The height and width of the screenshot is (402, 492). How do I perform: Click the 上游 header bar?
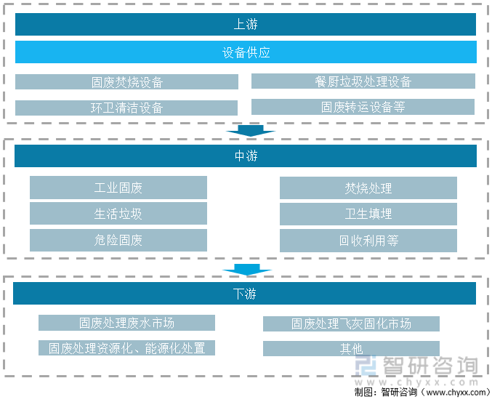point(246,24)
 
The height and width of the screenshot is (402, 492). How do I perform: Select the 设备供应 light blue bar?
point(246,52)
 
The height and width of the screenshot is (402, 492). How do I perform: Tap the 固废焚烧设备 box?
point(126,82)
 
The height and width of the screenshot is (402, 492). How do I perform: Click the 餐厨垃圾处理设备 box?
point(363,81)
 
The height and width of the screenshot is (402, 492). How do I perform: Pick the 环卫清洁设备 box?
point(126,108)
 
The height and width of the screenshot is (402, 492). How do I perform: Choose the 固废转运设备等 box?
point(363,107)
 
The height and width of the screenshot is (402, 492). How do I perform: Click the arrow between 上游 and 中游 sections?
point(251,131)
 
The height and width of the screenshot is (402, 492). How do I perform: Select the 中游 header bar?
point(246,156)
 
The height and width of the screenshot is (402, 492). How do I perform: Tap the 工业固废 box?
point(118,188)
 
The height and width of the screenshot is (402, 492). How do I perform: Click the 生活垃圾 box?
point(118,214)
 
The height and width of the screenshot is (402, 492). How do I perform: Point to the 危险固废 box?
point(118,240)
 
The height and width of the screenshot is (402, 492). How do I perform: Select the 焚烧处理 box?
point(368,188)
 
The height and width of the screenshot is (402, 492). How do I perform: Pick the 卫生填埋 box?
point(368,214)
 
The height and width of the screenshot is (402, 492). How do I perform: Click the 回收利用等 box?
point(368,241)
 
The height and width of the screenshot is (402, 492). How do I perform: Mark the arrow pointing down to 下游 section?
point(247,270)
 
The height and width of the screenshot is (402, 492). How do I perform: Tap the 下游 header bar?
point(244,294)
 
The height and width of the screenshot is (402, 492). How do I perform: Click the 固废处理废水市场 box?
point(126,323)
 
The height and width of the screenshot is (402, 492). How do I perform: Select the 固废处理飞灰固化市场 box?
point(351,323)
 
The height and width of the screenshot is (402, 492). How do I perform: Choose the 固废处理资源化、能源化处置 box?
point(126,347)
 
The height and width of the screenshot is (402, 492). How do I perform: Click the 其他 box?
point(351,349)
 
